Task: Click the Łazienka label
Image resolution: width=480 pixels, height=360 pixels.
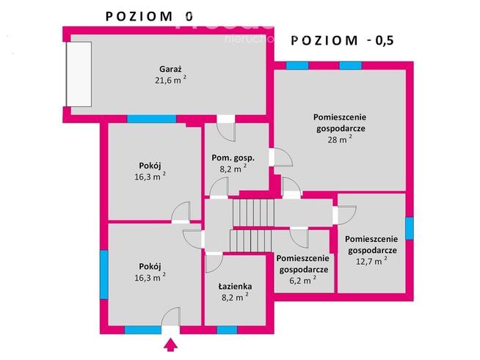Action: click(235, 286)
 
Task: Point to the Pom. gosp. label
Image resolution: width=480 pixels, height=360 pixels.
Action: click(233, 157)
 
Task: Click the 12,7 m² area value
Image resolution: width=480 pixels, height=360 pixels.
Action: click(370, 260)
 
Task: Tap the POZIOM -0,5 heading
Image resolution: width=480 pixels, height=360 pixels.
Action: click(342, 40)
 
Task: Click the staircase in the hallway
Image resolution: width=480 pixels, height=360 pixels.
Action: click(253, 226)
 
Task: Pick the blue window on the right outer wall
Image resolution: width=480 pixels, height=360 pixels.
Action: click(410, 227)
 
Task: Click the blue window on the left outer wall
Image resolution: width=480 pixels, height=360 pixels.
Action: click(103, 268)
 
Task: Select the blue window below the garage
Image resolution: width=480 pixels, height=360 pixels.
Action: click(151, 119)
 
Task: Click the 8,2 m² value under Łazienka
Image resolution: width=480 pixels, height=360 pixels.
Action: click(234, 298)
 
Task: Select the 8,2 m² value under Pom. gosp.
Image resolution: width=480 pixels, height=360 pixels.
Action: click(233, 169)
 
